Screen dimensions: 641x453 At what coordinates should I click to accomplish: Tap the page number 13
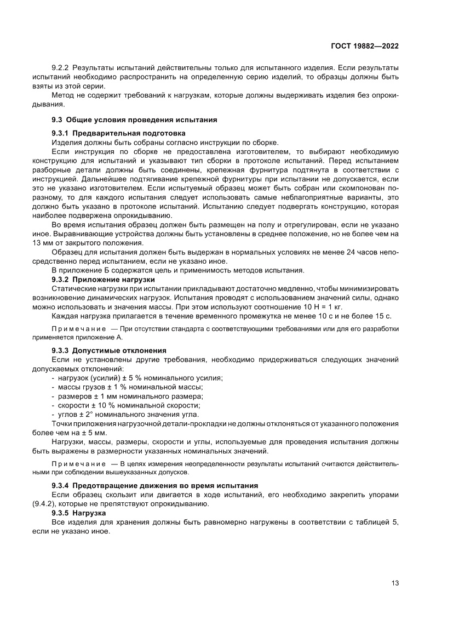(x=394, y=583)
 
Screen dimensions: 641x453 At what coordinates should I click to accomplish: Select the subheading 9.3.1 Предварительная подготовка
(x=118, y=133)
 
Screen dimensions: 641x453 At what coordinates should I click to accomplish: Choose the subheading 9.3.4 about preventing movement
(x=154, y=485)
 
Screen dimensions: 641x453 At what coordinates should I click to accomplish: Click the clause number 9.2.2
(x=60, y=67)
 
